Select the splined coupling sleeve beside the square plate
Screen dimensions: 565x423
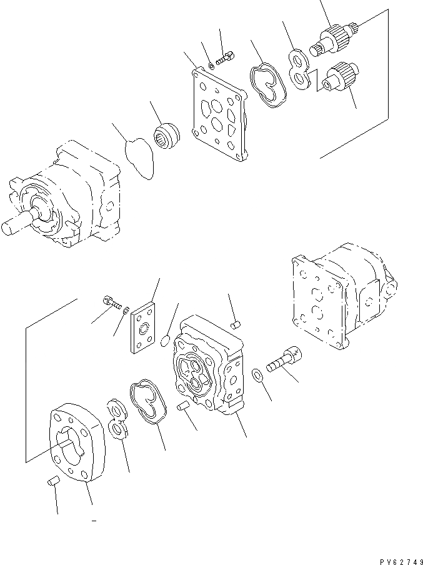pyautogui.click(x=167, y=134)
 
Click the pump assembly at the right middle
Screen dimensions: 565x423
pyautogui.click(x=341, y=294)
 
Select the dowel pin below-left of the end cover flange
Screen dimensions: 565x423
pyautogui.click(x=52, y=481)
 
